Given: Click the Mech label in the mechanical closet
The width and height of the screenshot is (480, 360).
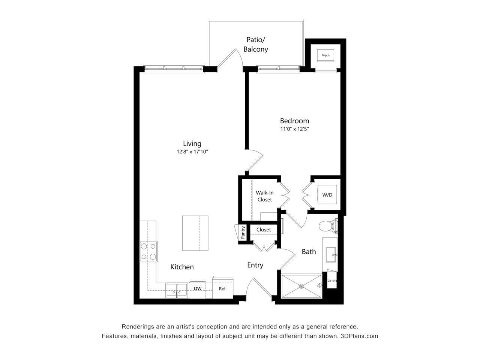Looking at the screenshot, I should tap(325, 55).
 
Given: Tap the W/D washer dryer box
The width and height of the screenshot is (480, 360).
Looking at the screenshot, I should tap(327, 195).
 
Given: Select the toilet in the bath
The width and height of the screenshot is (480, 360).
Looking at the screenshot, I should tap(328, 226).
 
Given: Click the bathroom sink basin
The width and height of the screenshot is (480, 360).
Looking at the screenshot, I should tap(331, 255).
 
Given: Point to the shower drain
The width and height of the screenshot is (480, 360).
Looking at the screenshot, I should tap(301, 286).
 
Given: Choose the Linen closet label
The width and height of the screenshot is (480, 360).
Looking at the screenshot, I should tap(332, 280).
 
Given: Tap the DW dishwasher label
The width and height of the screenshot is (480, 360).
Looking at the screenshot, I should tap(198, 288).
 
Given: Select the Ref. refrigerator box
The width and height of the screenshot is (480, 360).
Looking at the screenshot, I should tap(223, 288).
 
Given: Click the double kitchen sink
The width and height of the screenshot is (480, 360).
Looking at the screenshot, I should tap(177, 289).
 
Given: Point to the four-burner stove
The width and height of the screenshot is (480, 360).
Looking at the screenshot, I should tap(148, 252).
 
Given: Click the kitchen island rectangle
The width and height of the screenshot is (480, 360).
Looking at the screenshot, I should tap(195, 233).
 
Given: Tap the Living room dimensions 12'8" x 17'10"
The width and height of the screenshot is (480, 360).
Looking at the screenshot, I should tap(192, 152).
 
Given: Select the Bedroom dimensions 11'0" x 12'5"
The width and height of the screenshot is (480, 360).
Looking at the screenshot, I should tap(294, 129).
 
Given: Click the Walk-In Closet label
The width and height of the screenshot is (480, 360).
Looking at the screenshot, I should tap(264, 196).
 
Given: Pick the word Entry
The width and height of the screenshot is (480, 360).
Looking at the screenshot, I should tap(255, 265).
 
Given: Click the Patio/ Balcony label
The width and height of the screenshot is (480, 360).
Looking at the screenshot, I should tap(256, 44).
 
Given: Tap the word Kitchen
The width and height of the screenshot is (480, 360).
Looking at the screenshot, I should tap(182, 267).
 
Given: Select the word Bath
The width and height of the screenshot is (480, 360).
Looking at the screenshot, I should tap(309, 252).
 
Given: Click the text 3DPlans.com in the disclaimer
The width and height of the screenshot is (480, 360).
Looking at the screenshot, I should tap(359, 336).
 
